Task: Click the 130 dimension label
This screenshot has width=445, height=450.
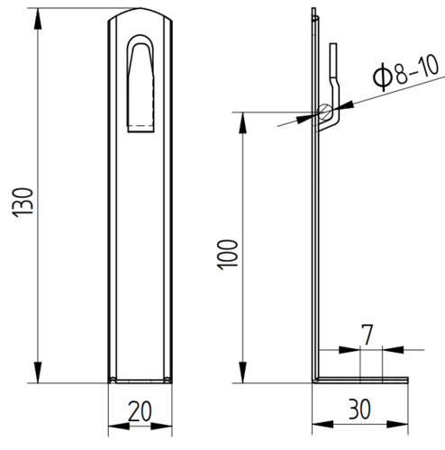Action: [22, 202]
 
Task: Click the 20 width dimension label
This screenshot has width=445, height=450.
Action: [140, 411]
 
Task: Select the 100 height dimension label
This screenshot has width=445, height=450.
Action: [227, 255]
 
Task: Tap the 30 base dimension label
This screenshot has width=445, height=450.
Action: [359, 409]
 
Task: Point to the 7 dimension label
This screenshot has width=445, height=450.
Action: [368, 335]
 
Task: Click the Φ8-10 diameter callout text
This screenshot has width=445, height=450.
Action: [405, 73]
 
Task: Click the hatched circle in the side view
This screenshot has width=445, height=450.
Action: [325, 112]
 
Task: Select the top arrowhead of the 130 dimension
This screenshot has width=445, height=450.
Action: [38, 19]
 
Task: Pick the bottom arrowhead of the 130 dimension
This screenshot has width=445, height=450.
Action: [38, 373]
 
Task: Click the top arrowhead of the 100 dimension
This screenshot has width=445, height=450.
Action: [242, 122]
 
